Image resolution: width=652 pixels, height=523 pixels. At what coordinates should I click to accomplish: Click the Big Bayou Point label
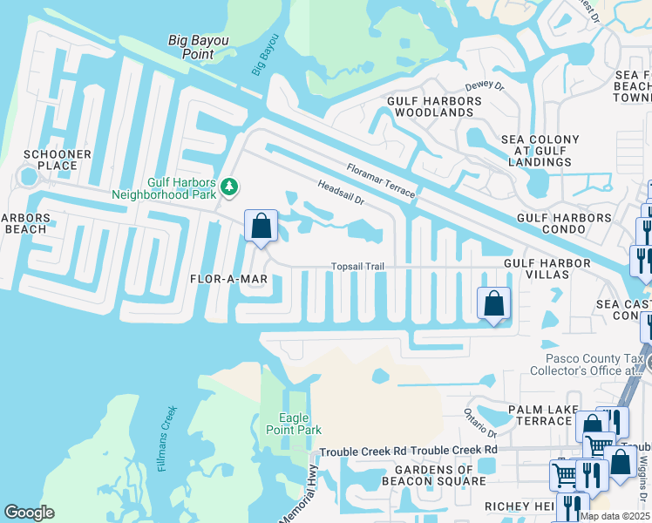click(191, 46)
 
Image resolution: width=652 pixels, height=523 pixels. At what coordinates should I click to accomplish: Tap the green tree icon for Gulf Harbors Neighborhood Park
click(230, 186)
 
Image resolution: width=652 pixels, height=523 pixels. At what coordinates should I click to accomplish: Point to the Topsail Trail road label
click(357, 267)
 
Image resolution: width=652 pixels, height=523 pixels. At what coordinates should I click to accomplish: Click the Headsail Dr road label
click(340, 192)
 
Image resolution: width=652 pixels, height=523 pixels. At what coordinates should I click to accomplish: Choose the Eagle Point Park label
click(300, 424)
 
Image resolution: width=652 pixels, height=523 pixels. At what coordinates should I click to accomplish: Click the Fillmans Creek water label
click(167, 438)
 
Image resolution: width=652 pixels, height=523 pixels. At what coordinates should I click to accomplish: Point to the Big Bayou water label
click(265, 55)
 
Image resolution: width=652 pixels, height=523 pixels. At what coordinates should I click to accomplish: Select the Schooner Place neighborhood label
click(58, 160)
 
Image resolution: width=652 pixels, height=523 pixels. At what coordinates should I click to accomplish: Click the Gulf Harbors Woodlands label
click(434, 107)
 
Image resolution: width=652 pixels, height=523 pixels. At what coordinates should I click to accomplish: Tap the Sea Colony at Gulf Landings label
click(540, 151)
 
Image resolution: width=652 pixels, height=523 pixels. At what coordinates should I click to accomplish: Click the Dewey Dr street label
click(486, 85)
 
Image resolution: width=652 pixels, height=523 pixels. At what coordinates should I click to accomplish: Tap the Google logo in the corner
click(29, 513)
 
